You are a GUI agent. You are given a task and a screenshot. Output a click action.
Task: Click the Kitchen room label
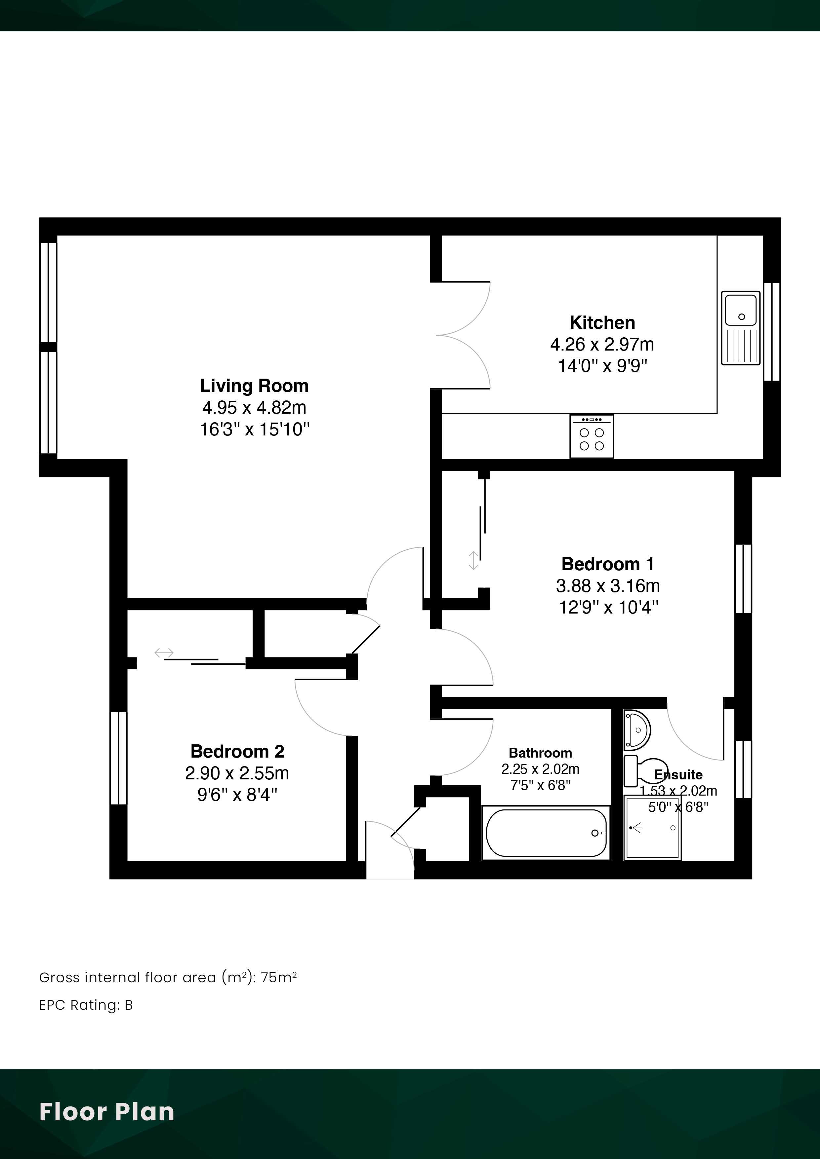coord(602,322)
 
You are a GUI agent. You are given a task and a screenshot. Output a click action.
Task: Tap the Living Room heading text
coord(254,386)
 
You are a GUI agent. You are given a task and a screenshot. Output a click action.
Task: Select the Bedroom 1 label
coord(608,564)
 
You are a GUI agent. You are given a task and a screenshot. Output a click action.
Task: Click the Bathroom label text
coord(540,753)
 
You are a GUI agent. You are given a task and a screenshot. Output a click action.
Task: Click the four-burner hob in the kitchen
coord(592,437)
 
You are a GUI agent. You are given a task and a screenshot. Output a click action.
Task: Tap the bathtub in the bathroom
coord(546,832)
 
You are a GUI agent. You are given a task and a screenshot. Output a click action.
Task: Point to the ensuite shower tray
coord(653,828)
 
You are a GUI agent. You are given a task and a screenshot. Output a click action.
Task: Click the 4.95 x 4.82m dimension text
coord(254,407)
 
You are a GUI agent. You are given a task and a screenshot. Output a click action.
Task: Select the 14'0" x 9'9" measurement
coord(602,365)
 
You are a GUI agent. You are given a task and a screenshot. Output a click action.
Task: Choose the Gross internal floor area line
coord(168,978)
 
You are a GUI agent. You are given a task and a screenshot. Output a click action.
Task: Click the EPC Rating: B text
coord(86,1005)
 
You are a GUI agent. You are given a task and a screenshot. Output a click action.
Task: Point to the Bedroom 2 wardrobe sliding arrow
coord(164,653)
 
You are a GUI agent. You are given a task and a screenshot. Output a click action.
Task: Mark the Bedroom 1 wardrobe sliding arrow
coord(473,560)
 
